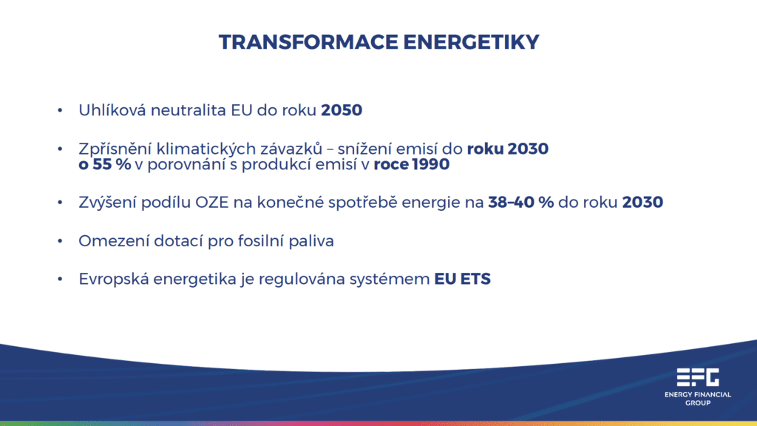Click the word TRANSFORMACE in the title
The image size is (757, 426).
308,42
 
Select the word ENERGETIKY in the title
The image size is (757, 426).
471,42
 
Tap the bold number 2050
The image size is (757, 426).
342,110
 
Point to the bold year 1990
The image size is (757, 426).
431,164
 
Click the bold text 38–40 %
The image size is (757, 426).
521,203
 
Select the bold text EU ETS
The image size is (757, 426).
463,279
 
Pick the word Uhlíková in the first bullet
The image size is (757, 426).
112,110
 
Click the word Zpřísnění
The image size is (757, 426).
115,149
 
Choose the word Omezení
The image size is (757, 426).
114,240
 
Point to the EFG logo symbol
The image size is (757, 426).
698,377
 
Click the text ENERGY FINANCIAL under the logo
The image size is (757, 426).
698,395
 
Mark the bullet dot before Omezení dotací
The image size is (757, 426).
60,240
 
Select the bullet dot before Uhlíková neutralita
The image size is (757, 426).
60,110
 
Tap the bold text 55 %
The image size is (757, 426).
112,164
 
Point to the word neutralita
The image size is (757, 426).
189,110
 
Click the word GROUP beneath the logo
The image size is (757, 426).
698,403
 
